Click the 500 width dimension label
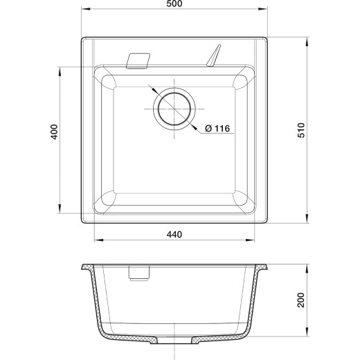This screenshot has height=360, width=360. click(174, 3)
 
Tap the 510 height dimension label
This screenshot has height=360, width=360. click(301, 130)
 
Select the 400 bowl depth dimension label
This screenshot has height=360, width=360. click(54, 132)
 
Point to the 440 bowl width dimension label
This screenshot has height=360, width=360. click(174, 235)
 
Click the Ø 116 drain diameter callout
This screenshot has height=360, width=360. click(217, 128)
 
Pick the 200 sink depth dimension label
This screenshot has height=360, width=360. click(301, 300)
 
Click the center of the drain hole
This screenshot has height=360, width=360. click(174, 109)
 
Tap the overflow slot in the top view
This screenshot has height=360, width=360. click(138, 61)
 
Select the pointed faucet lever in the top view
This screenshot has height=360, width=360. click(214, 55)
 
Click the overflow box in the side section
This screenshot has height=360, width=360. click(139, 273)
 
